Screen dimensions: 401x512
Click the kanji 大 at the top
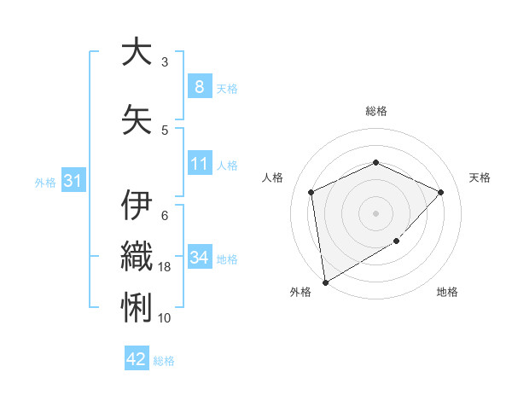click(x=137, y=53)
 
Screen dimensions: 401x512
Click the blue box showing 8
click(x=199, y=86)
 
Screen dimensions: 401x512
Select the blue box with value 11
click(x=199, y=164)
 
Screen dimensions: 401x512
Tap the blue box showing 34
click(x=199, y=257)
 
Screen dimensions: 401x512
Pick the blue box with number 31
click(x=73, y=180)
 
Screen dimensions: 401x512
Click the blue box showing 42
click(x=137, y=359)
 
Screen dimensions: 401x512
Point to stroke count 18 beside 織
click(x=165, y=267)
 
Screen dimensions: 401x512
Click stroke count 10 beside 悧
click(x=165, y=318)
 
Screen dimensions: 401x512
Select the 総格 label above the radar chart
click(x=376, y=111)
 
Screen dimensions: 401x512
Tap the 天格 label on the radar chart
click(x=480, y=177)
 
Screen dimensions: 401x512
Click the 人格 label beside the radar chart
click(x=273, y=177)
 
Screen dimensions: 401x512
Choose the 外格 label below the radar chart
click(x=300, y=293)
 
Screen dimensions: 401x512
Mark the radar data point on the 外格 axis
click(x=325, y=282)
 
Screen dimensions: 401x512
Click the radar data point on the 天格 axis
click(x=440, y=192)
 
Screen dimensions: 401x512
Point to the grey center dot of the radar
click(x=376, y=212)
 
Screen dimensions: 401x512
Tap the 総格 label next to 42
click(x=165, y=361)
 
